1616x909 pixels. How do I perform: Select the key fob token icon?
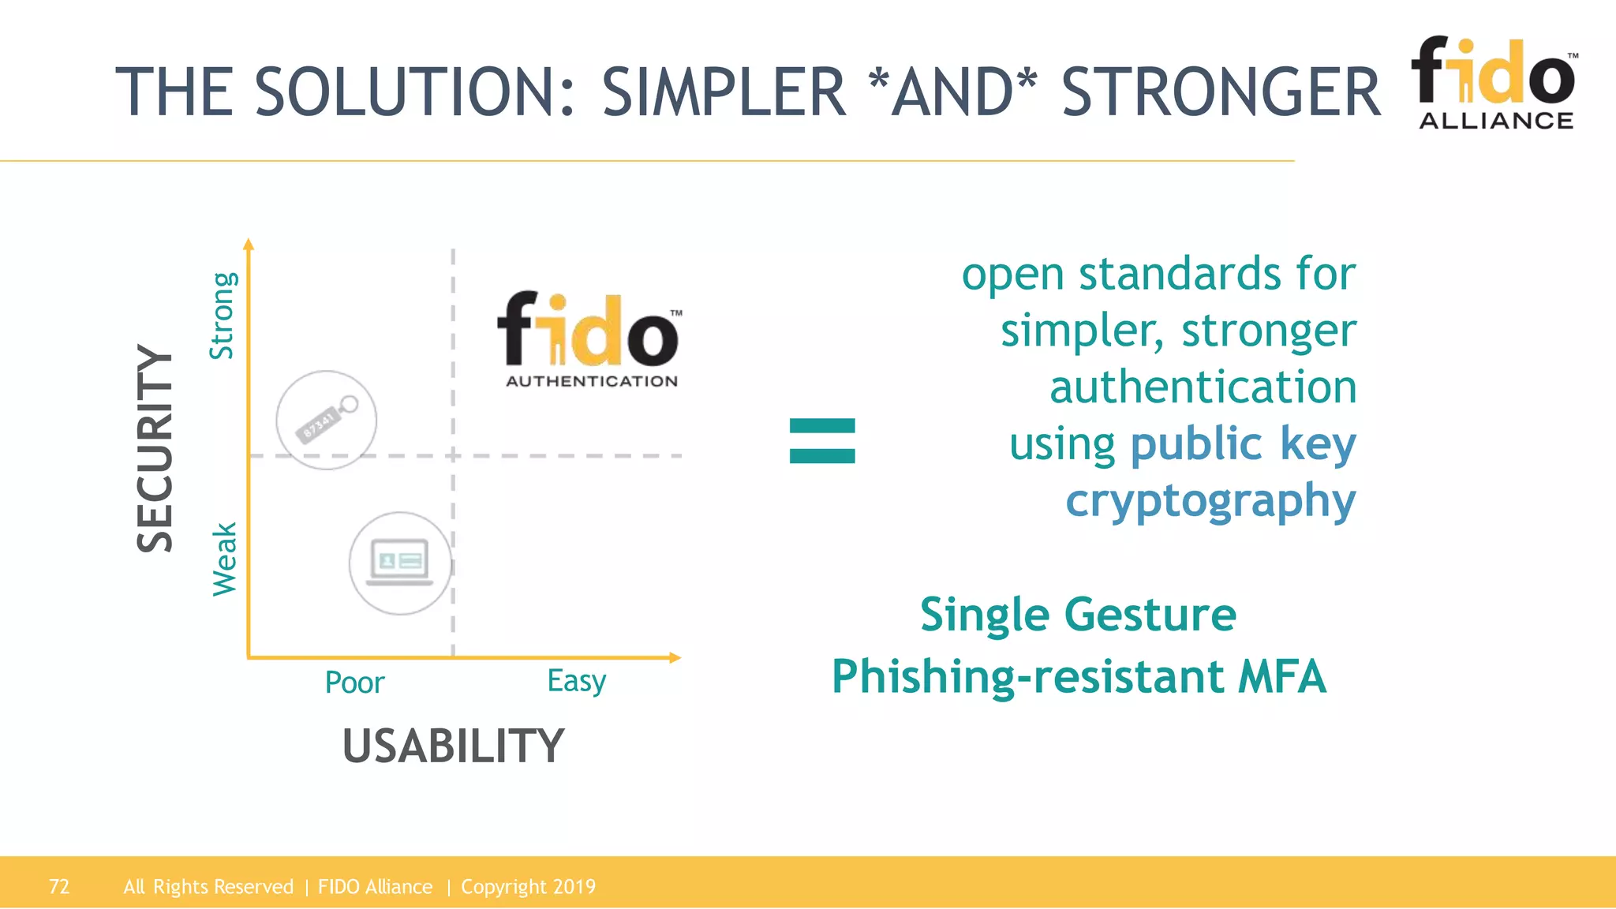(x=326, y=420)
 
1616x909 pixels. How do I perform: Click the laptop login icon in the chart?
(x=401, y=563)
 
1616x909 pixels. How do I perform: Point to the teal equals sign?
(x=822, y=440)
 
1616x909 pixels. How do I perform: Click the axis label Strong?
(x=223, y=316)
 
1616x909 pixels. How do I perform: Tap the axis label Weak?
(x=225, y=559)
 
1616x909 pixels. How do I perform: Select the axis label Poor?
(x=354, y=683)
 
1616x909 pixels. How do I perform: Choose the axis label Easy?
(x=576, y=681)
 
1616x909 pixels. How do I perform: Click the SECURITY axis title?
(x=155, y=448)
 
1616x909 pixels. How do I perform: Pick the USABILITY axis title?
(x=453, y=746)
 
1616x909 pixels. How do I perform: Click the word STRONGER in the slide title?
(x=1221, y=92)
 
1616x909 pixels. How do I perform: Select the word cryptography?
(x=1210, y=501)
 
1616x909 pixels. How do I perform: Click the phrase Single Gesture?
(x=1078, y=615)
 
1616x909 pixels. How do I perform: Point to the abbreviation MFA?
(x=1282, y=677)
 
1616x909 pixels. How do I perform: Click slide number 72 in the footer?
(x=59, y=887)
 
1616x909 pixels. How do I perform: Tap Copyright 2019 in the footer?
(x=528, y=887)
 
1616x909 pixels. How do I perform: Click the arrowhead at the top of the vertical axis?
(x=249, y=244)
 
